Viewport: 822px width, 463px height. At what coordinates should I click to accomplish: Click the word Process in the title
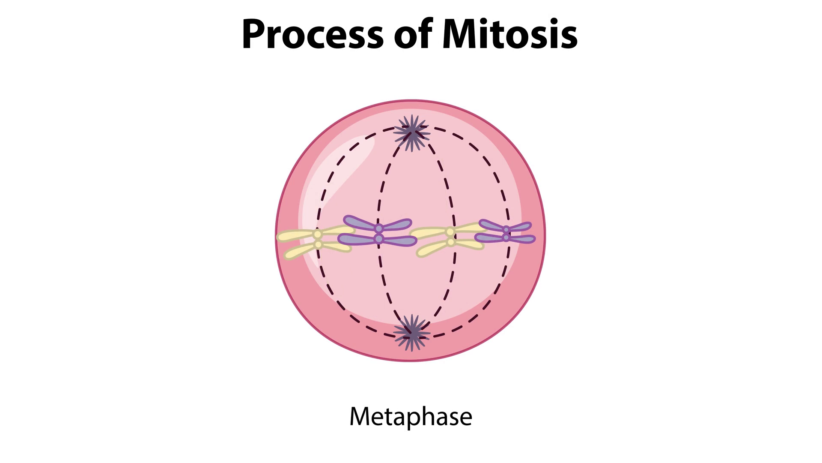click(313, 34)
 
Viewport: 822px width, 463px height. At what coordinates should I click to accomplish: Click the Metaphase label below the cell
click(411, 416)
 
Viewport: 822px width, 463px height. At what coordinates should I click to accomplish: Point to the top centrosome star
click(412, 132)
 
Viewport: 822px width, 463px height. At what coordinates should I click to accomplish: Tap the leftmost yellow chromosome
click(317, 240)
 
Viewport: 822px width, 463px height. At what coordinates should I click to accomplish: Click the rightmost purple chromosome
click(506, 233)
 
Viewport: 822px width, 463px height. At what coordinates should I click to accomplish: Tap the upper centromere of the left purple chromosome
click(378, 228)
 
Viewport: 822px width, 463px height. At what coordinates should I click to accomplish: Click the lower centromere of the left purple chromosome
click(378, 238)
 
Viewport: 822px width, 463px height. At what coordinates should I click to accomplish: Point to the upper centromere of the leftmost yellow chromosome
click(317, 235)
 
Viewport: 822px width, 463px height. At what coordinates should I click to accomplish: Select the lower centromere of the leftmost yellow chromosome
click(318, 244)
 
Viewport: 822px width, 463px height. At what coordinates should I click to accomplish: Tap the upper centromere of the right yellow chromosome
click(450, 232)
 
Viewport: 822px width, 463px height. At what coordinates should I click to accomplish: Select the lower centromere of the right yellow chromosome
click(450, 243)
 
